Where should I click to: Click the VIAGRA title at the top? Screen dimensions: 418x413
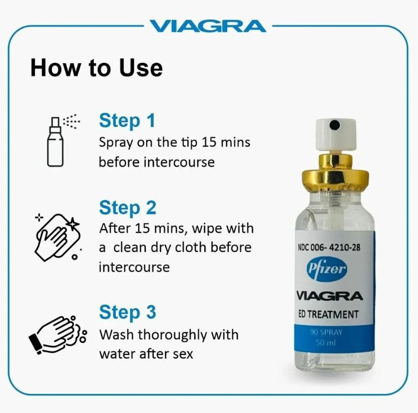tap(207, 26)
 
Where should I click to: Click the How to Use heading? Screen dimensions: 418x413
tap(96, 68)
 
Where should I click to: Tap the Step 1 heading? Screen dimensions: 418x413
tap(127, 121)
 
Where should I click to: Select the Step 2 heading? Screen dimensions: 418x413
tap(128, 208)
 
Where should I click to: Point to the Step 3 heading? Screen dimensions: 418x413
tap(128, 312)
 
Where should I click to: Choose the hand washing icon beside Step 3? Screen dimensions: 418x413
tap(57, 334)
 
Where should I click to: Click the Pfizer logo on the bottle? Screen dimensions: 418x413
tap(327, 269)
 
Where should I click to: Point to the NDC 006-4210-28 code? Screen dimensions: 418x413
tap(329, 248)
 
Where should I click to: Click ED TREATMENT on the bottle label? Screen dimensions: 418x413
tap(328, 315)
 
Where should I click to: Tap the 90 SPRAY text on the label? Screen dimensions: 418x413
tap(326, 332)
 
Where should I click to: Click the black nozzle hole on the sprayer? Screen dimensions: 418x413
tap(335, 125)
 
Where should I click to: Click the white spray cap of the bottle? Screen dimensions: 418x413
tap(336, 135)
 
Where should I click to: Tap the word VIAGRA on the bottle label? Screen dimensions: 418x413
tap(330, 296)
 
